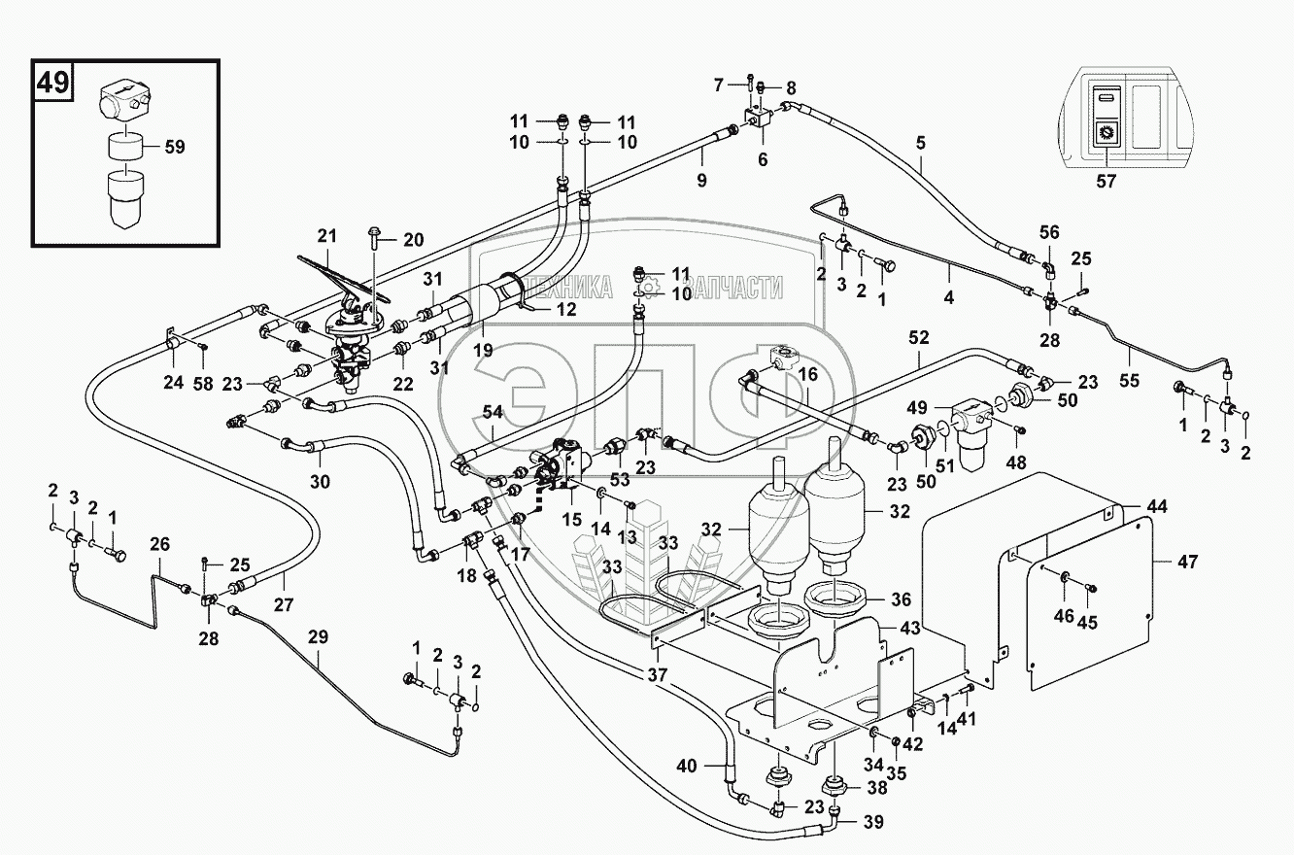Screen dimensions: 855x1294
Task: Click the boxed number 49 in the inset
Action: click(54, 82)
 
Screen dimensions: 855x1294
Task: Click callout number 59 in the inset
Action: click(175, 149)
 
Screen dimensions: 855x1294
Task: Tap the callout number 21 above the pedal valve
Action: click(325, 235)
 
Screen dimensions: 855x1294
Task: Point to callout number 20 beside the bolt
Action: click(415, 240)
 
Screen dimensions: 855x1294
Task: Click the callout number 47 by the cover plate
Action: click(1188, 562)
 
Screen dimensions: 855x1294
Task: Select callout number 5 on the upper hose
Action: click(920, 143)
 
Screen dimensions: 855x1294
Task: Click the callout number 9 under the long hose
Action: click(700, 180)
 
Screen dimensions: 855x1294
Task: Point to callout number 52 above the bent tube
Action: click(918, 338)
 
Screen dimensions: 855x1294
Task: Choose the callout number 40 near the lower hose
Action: click(686, 766)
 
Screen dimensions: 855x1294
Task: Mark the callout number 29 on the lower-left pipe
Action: click(318, 638)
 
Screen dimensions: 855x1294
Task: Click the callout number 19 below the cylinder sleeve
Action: click(483, 350)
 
